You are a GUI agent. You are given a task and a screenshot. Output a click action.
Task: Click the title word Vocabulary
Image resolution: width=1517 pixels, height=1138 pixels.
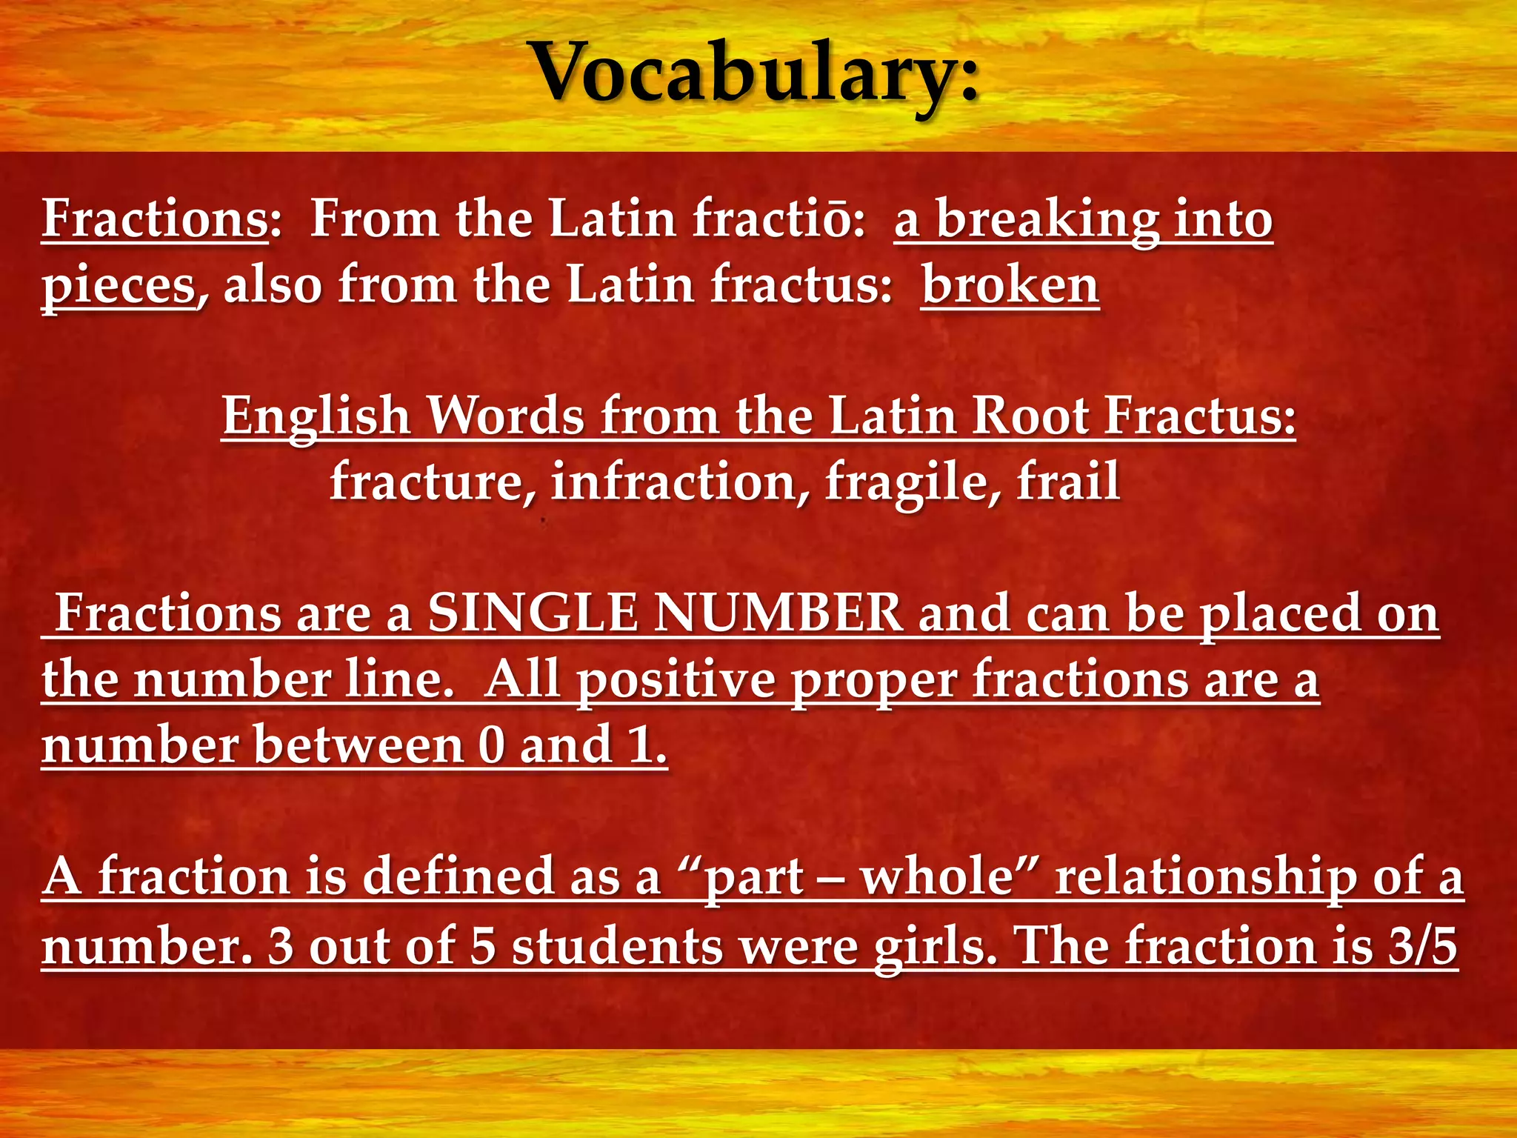(x=756, y=74)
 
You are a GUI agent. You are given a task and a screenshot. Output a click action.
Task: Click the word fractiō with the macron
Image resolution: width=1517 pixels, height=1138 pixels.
(x=778, y=220)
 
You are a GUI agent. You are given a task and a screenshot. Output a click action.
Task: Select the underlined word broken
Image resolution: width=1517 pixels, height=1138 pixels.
(x=1010, y=285)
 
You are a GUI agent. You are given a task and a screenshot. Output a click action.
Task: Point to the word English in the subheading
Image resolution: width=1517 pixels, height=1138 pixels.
(x=316, y=416)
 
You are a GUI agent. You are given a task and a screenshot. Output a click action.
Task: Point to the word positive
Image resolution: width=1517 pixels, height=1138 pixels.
(x=676, y=680)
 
